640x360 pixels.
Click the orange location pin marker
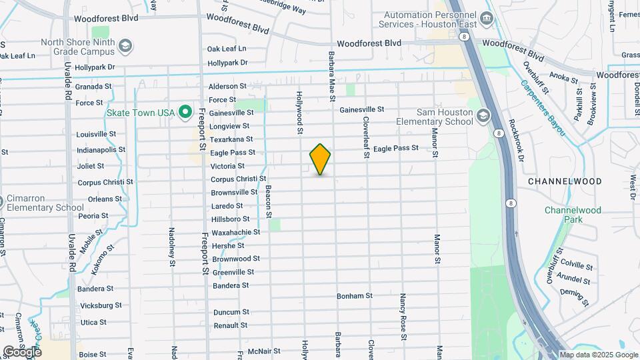tap(320, 159)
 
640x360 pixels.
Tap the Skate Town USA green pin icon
tap(187, 113)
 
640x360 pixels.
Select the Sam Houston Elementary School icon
tap(482, 117)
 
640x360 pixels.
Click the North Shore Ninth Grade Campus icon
tap(126, 45)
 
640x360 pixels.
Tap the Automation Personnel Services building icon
tap(487, 17)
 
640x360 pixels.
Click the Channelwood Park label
tap(573, 214)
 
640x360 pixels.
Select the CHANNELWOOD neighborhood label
tap(565, 181)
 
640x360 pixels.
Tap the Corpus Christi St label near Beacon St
tap(238, 179)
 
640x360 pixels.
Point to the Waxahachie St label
tap(235, 232)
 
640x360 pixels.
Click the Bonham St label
tap(354, 295)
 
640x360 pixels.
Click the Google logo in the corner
tap(21, 352)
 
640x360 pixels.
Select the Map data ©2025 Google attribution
tap(599, 355)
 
